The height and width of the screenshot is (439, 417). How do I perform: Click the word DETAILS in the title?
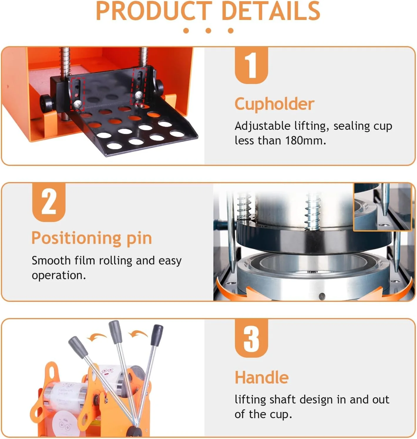point(271,11)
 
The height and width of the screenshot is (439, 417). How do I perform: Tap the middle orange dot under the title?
point(208,31)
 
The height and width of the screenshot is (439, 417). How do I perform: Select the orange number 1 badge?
point(251,65)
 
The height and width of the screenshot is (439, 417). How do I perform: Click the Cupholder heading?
point(275,104)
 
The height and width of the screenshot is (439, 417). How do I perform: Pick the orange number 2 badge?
point(49,202)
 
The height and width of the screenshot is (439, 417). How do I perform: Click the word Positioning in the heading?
point(76,238)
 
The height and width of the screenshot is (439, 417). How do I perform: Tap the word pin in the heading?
point(139,239)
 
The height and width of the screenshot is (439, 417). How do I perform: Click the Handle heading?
point(262,378)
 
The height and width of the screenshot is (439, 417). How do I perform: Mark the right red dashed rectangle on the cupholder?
point(139,86)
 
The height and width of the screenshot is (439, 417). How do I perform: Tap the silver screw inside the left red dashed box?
point(78,103)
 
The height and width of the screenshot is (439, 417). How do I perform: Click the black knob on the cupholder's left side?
point(46,103)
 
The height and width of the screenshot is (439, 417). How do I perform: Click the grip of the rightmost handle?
point(157,335)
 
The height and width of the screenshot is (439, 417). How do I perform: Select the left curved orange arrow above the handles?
point(97,337)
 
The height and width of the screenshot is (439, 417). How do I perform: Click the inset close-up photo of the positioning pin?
point(382,207)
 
